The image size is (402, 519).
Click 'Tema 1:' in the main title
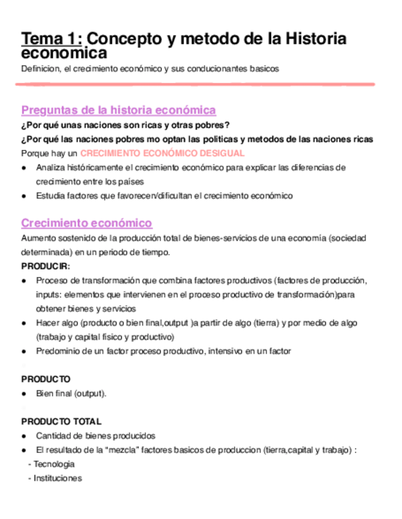click(51, 39)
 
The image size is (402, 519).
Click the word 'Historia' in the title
click(314, 39)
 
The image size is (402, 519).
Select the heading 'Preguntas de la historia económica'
click(118, 110)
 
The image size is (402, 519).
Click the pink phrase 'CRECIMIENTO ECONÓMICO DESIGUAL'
click(162, 153)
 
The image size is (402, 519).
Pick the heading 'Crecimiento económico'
click(86, 223)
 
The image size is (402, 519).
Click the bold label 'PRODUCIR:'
click(46, 266)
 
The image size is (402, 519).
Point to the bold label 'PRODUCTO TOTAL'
click(61, 422)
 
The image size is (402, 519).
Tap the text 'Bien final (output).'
click(72, 394)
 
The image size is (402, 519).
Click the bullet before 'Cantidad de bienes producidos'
click(24, 436)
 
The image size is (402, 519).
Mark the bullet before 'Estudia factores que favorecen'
click(24, 196)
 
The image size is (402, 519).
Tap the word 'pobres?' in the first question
click(213, 125)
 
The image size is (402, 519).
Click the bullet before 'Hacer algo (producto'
click(24, 323)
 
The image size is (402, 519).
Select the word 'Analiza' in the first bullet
click(51, 167)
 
